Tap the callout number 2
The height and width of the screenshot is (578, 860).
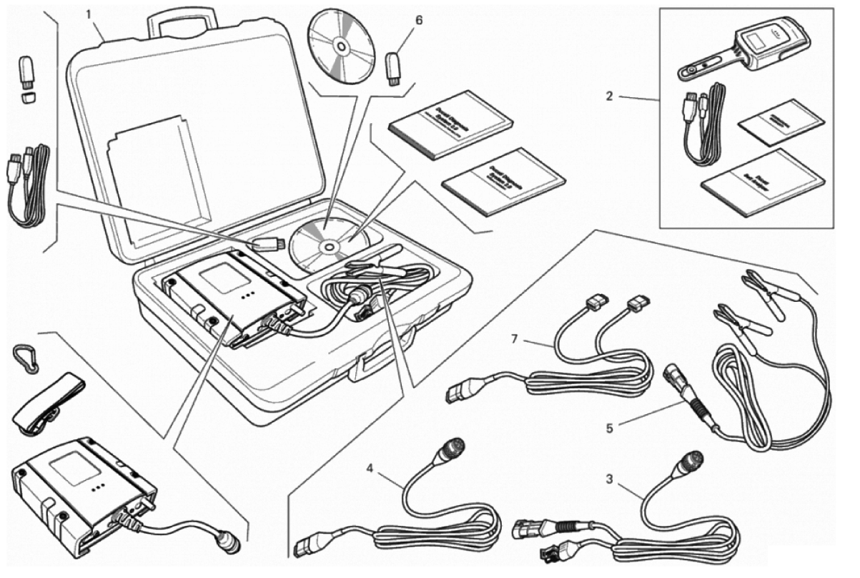pos(609,96)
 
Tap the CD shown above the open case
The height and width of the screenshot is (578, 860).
pos(341,46)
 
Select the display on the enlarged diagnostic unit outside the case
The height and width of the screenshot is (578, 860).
pos(72,471)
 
